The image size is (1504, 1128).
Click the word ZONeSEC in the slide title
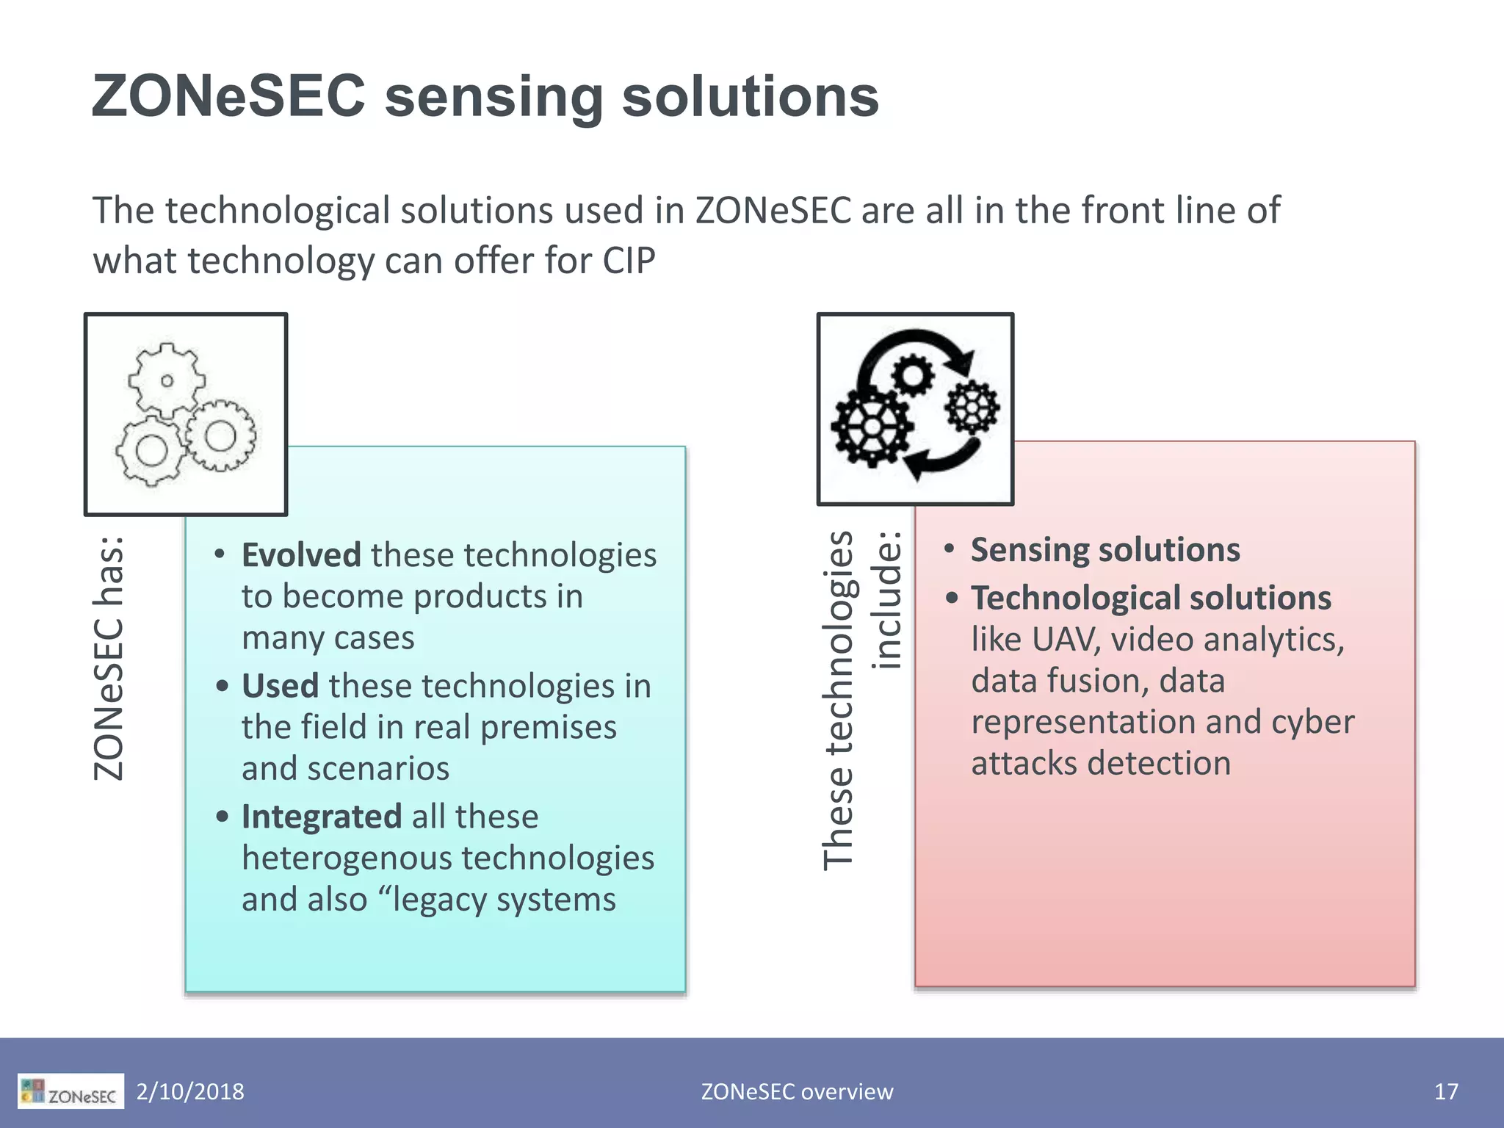[x=228, y=96]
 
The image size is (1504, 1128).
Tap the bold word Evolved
[x=301, y=555]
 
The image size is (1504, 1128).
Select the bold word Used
[x=280, y=686]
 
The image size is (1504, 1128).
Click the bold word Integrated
[x=321, y=817]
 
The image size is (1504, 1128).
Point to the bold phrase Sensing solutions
[x=1105, y=550]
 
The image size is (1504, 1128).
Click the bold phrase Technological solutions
[x=1151, y=598]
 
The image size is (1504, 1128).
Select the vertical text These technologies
[x=838, y=700]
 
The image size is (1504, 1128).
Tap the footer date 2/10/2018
[x=190, y=1091]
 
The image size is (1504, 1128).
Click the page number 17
[x=1446, y=1091]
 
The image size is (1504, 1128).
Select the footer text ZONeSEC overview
[x=797, y=1091]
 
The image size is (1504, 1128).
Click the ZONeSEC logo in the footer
[x=70, y=1091]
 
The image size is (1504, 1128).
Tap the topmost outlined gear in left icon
[x=167, y=380]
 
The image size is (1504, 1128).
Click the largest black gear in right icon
[x=872, y=427]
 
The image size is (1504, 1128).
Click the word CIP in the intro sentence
[x=629, y=261]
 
